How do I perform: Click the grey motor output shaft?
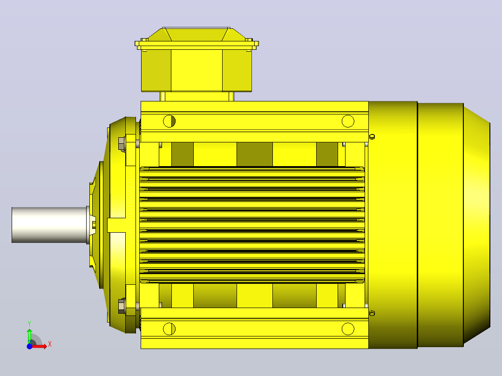tap(50, 225)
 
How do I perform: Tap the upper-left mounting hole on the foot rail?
tap(169, 121)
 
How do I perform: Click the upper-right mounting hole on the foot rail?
tap(348, 121)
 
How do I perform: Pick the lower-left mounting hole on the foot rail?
tap(169, 329)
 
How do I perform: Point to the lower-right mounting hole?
tap(348, 329)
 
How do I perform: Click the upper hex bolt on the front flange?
tap(122, 144)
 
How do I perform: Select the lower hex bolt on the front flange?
tap(122, 306)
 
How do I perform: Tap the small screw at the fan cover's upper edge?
tap(372, 137)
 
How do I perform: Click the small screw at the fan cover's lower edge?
tap(372, 313)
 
